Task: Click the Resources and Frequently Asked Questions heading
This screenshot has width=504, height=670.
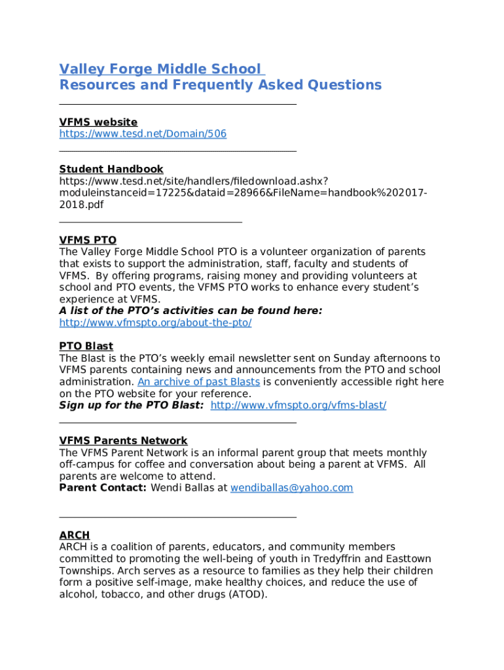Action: click(x=220, y=85)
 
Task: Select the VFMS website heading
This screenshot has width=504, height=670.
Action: click(x=98, y=122)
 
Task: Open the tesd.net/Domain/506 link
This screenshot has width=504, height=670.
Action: click(x=143, y=134)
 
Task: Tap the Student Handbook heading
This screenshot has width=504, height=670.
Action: click(x=111, y=169)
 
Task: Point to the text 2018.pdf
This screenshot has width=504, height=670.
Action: click(x=81, y=205)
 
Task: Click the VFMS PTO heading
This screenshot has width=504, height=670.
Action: click(x=88, y=241)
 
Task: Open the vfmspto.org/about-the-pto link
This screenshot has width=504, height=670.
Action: click(x=155, y=323)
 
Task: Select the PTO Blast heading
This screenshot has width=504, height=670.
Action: click(x=86, y=347)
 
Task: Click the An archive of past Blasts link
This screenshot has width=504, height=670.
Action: click(x=198, y=382)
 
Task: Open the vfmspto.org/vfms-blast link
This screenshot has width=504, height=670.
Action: click(x=298, y=406)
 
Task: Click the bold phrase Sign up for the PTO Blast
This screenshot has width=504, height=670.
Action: click(x=131, y=406)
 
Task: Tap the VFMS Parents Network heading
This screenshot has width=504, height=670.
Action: click(x=123, y=441)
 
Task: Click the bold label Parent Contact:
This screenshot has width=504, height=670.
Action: click(x=103, y=488)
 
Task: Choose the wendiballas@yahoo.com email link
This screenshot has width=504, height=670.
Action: click(x=291, y=488)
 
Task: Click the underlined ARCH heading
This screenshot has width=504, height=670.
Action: click(x=74, y=535)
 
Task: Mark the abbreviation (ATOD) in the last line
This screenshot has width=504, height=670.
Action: click(x=245, y=595)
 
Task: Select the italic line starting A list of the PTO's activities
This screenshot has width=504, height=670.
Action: click(x=190, y=311)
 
